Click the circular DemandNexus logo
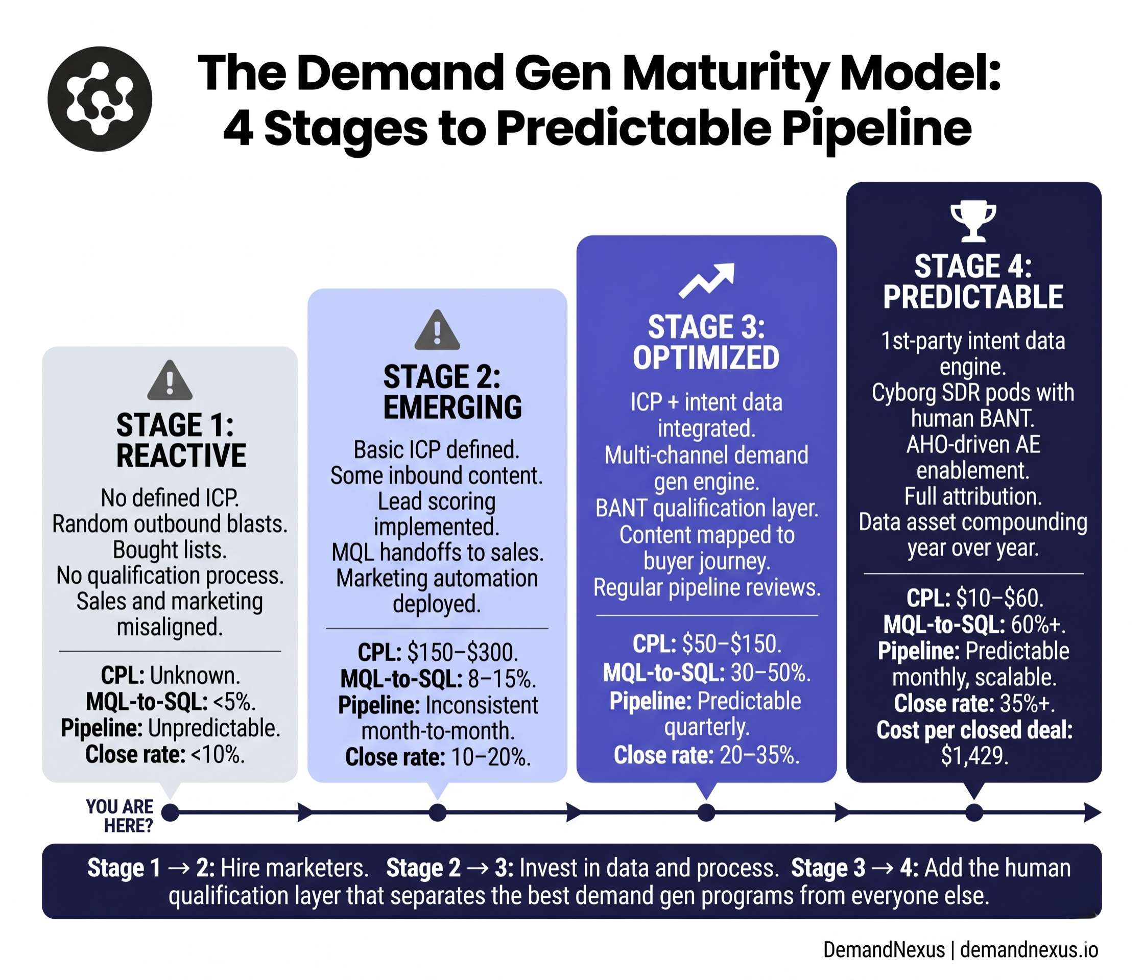[x=100, y=99]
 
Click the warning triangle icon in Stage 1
[x=170, y=381]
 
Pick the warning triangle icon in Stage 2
[x=437, y=331]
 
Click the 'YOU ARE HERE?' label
[x=120, y=816]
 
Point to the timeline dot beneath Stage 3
[x=706, y=812]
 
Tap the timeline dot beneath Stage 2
[x=437, y=812]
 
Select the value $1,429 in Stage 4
[x=974, y=755]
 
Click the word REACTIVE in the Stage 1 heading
[x=181, y=456]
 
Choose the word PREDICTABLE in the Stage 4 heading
[x=973, y=297]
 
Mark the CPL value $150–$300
[x=463, y=653]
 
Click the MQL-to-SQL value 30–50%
[x=771, y=673]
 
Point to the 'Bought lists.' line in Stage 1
[x=170, y=550]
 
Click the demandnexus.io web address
[x=1029, y=950]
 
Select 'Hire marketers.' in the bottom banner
[x=294, y=868]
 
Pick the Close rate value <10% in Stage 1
[x=217, y=754]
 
